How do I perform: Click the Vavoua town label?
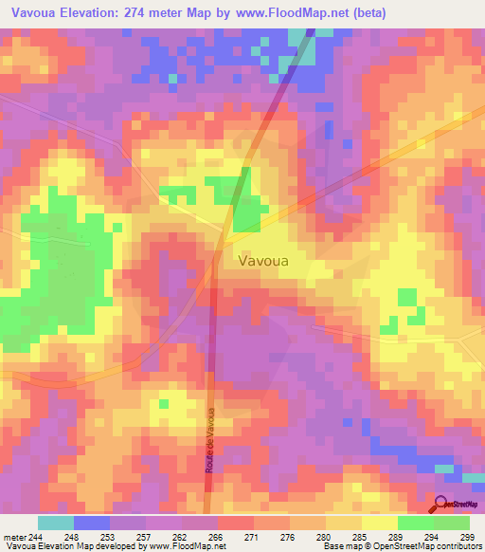(266, 258)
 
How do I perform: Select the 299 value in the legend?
(464, 536)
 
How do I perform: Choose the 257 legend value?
(139, 536)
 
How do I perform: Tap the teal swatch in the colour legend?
(56, 523)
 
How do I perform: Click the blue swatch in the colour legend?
(92, 523)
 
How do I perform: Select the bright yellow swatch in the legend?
(379, 523)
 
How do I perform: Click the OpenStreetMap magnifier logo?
(441, 506)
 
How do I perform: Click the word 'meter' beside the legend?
(12, 536)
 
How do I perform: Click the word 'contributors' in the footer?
(454, 546)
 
